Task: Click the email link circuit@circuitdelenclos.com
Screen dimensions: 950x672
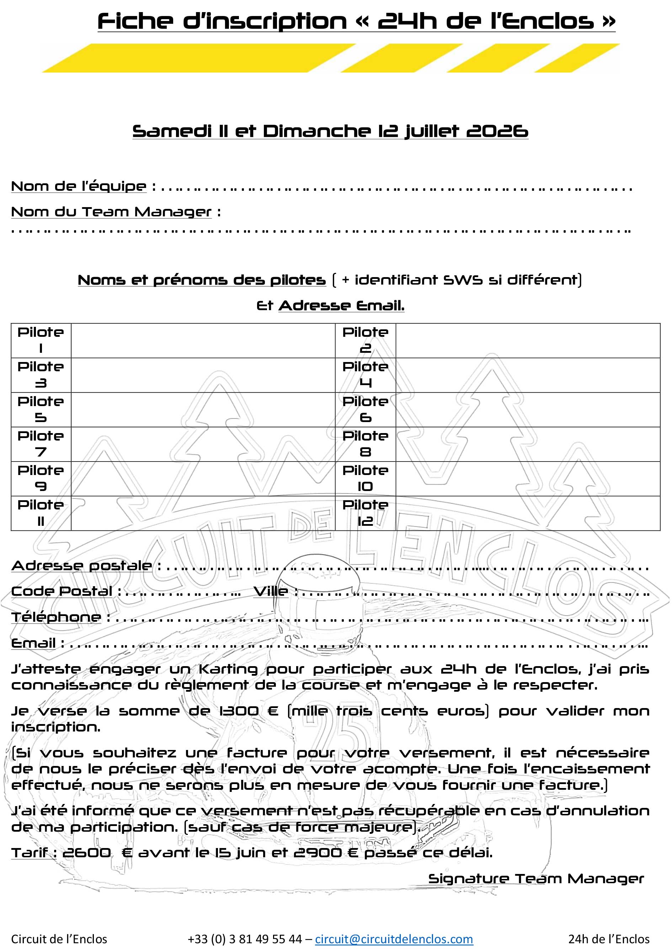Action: coord(394,939)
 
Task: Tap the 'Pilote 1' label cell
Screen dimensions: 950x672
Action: coord(41,340)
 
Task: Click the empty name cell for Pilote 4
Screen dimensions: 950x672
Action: coord(528,375)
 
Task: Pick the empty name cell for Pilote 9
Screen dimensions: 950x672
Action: coord(203,478)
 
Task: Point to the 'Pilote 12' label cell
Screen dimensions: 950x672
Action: coord(365,513)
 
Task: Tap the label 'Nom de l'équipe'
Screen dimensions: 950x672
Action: coord(79,186)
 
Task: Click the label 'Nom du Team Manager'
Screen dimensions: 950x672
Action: coord(111,212)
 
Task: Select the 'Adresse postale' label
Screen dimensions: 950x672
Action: coord(81,566)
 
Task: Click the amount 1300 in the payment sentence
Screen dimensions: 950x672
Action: coord(239,711)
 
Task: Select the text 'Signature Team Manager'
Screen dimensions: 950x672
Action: coord(536,879)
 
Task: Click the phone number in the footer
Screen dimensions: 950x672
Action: coord(245,939)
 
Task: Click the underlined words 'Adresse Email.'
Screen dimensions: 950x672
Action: coord(341,306)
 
